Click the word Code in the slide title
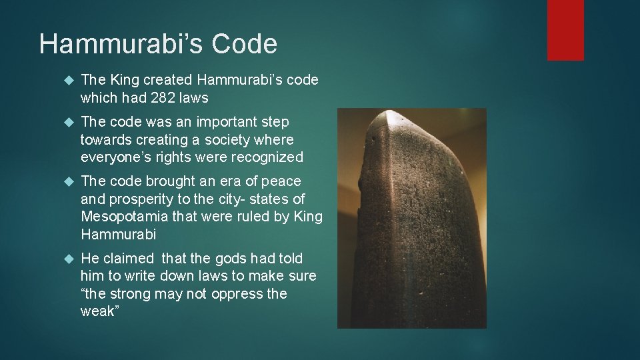(244, 45)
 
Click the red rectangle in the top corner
(565, 29)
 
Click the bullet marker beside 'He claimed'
(66, 259)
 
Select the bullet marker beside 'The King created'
(66, 80)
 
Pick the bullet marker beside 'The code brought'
(66, 181)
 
